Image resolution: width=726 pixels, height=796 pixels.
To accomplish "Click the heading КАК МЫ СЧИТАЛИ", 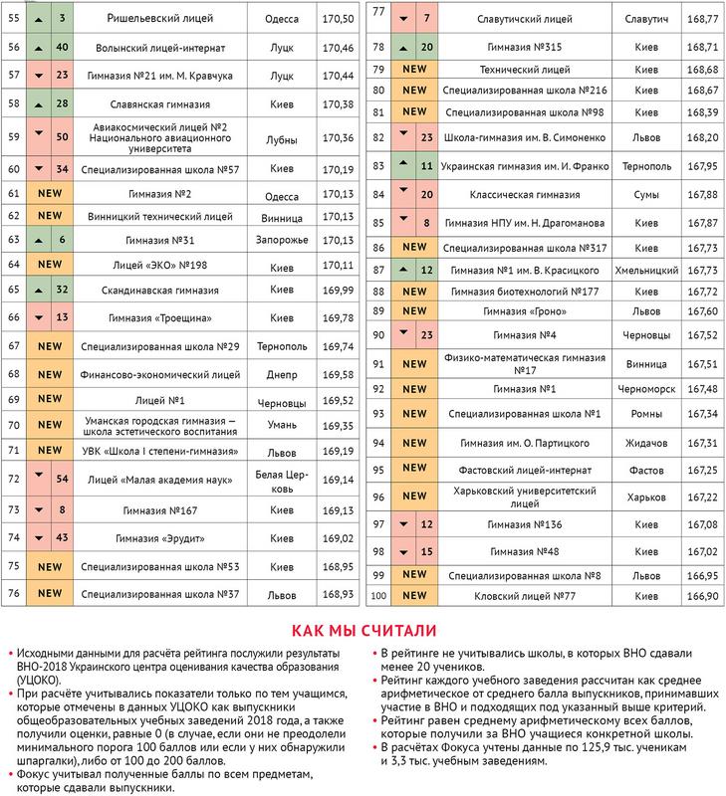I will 363,629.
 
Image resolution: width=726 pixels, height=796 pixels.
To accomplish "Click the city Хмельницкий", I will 646,270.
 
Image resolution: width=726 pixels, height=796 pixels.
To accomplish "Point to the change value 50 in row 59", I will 62,137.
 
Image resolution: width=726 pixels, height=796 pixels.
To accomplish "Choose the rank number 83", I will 377,164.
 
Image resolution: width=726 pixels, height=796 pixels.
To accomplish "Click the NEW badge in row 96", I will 415,497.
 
